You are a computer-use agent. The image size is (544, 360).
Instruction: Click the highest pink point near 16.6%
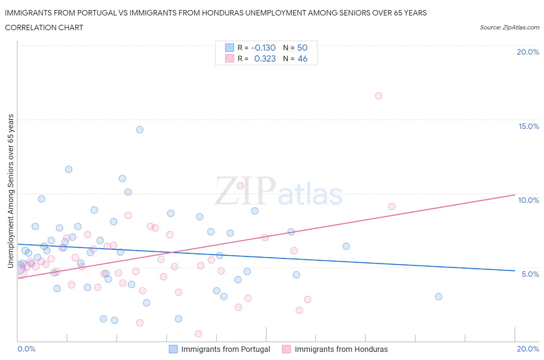[378, 96]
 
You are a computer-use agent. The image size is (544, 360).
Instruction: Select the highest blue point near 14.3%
[140, 130]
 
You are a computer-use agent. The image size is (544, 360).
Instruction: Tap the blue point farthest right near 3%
[438, 297]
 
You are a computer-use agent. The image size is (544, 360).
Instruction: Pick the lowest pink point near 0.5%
[198, 334]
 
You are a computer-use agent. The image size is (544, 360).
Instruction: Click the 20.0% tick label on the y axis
[528, 52]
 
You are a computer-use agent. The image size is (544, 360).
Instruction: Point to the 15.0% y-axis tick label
[529, 126]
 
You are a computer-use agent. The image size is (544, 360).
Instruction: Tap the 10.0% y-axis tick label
[529, 200]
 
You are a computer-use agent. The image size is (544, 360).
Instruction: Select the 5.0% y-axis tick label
[530, 274]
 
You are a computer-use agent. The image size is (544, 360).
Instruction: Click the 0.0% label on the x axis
[26, 349]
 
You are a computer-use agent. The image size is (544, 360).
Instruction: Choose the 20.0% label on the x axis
[528, 349]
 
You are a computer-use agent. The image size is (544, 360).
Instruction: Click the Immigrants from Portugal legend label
[226, 349]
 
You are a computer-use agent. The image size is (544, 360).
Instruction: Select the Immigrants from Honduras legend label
[341, 349]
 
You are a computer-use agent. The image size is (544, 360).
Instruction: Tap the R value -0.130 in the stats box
[263, 48]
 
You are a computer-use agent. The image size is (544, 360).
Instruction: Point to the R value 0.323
[265, 58]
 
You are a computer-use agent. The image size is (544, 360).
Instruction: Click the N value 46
[302, 58]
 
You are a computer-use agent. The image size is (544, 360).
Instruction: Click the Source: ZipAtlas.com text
[509, 27]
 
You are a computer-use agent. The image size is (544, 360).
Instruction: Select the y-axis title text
[10, 191]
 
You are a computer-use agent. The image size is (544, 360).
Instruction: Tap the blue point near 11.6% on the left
[68, 169]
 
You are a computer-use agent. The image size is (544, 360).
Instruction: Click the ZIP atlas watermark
[279, 191]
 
